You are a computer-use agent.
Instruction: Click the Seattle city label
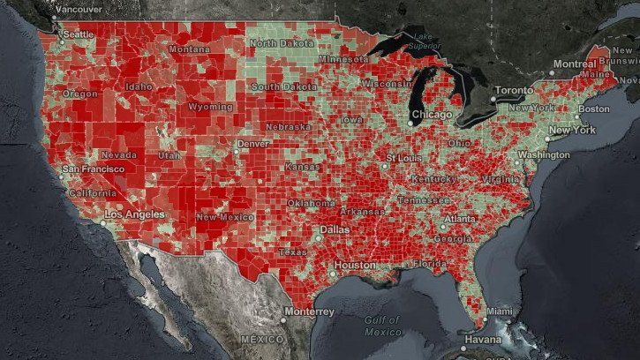click(x=79, y=34)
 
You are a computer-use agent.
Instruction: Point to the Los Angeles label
click(x=134, y=214)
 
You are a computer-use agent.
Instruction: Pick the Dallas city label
click(x=336, y=229)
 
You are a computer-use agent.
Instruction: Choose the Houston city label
click(x=356, y=265)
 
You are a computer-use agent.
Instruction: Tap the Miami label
click(x=499, y=311)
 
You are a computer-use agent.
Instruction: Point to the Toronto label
click(x=515, y=91)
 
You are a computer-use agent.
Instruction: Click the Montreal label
click(x=576, y=64)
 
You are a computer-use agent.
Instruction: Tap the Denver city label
click(x=252, y=143)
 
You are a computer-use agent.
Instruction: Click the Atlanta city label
click(x=461, y=219)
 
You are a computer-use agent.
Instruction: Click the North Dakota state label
click(x=281, y=42)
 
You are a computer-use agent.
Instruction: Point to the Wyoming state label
click(x=210, y=107)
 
